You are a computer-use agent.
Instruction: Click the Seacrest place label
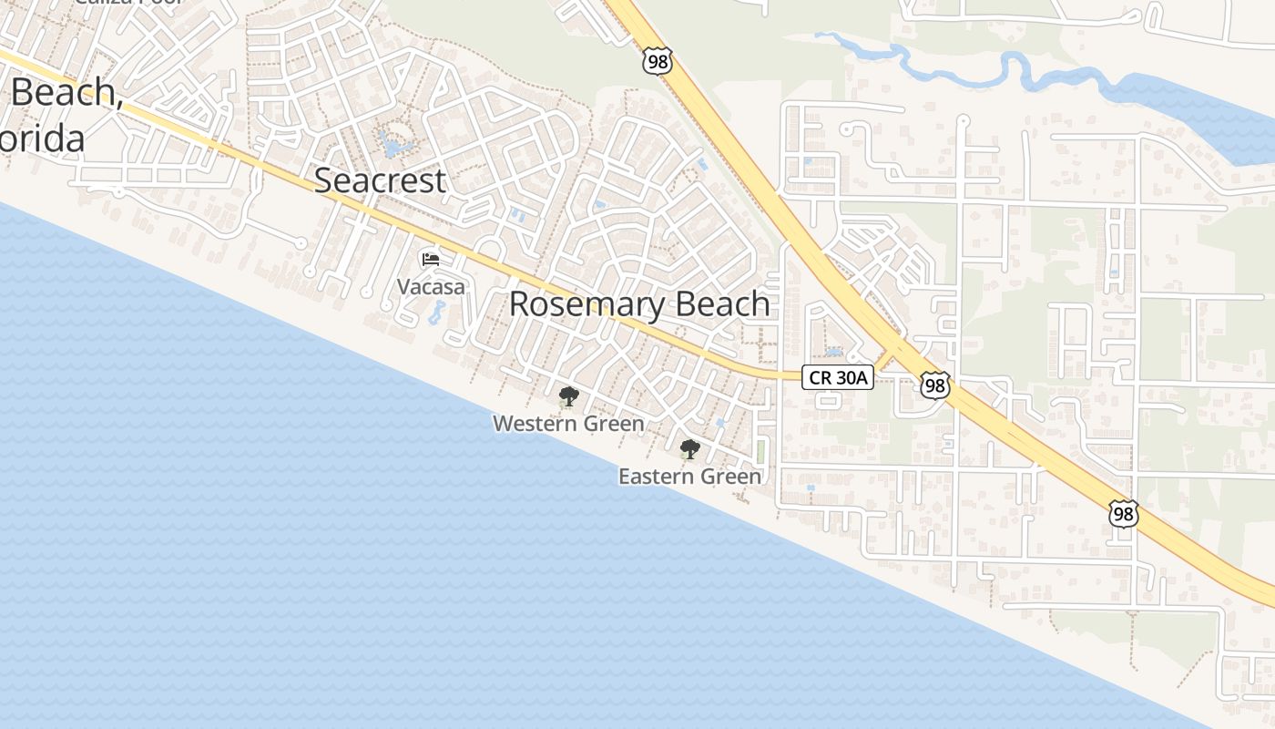click(x=380, y=180)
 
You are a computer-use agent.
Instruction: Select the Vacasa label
click(x=431, y=287)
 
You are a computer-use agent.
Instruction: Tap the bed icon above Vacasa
click(x=431, y=261)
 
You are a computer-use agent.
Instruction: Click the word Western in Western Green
click(x=534, y=424)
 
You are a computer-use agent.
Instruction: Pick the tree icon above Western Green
click(x=569, y=396)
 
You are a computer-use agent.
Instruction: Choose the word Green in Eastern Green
click(x=731, y=477)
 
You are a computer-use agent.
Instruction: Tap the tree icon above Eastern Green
click(x=690, y=449)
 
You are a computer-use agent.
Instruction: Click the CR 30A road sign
click(x=838, y=377)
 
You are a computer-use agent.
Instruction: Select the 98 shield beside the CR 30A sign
click(x=933, y=385)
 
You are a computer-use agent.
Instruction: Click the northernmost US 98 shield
click(x=657, y=61)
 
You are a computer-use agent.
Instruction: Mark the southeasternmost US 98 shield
click(x=1124, y=513)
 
